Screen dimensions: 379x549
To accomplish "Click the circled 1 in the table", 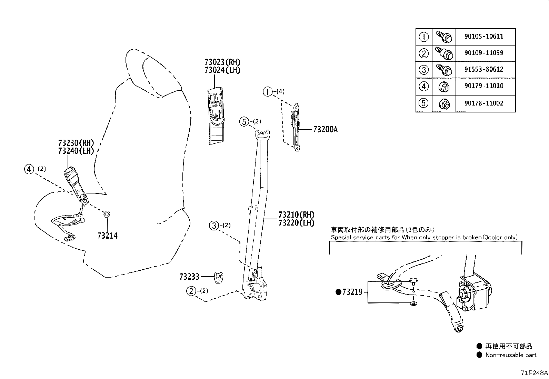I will pyautogui.click(x=423, y=37).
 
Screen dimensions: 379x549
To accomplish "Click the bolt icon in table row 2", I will pyautogui.click(x=443, y=53).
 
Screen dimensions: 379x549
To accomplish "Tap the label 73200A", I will pyautogui.click(x=325, y=130).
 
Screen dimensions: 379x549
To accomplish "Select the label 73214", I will pyautogui.click(x=108, y=236).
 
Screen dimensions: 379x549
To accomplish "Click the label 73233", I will pyautogui.click(x=189, y=277).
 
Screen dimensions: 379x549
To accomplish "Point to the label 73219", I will pyautogui.click(x=352, y=292).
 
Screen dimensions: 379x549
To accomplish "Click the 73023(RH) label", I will pyautogui.click(x=222, y=62).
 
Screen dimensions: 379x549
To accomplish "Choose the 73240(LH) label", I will pyautogui.click(x=76, y=151).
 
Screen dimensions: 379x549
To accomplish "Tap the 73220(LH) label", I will pyautogui.click(x=297, y=223).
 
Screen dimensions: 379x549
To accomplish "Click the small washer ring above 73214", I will pyautogui.click(x=107, y=215).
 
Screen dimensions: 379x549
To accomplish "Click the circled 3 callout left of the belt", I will pyautogui.click(x=214, y=226).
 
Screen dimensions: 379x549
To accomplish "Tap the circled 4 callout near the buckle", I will pyautogui.click(x=29, y=169).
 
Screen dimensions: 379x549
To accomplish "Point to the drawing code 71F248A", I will pyautogui.click(x=534, y=373).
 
